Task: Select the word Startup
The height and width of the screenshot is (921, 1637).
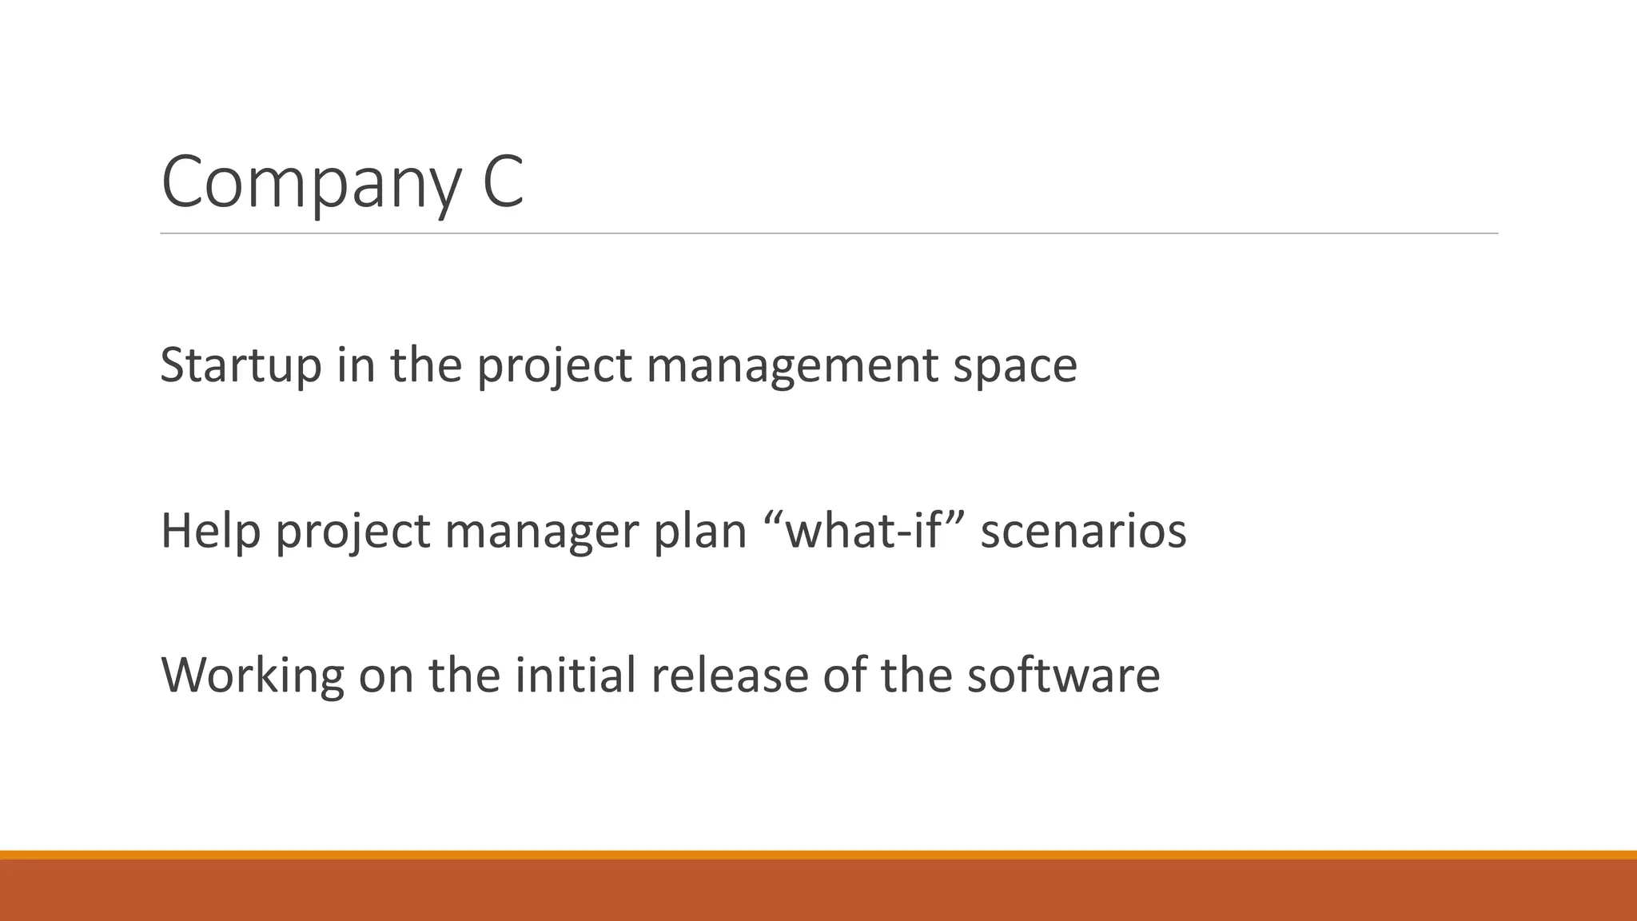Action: point(241,365)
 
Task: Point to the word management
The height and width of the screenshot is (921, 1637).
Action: point(791,365)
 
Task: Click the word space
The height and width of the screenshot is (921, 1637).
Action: point(1014,367)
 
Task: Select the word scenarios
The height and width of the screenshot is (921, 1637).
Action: point(1083,531)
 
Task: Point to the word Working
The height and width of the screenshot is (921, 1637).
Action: point(253,676)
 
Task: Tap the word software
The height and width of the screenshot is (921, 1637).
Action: point(1063,675)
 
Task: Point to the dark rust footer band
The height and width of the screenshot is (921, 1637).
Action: point(818,891)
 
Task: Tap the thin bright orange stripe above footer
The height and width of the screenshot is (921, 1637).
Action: point(818,855)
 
